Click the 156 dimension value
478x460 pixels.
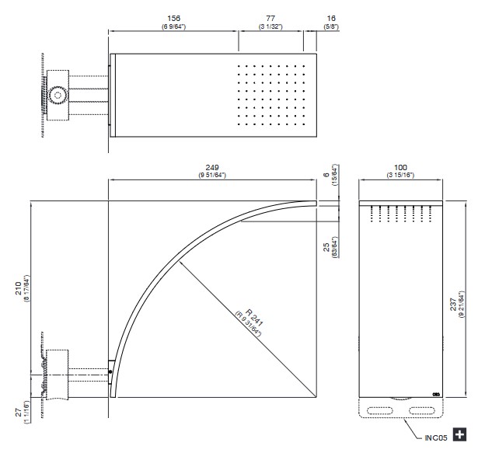click(x=173, y=19)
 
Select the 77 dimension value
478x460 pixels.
click(x=270, y=19)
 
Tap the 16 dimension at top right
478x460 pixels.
click(x=331, y=19)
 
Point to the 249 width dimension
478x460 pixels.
click(x=212, y=168)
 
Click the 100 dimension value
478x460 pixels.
click(x=400, y=168)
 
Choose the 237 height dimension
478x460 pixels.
click(x=453, y=305)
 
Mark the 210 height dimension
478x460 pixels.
click(x=19, y=288)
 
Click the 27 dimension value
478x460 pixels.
click(x=19, y=413)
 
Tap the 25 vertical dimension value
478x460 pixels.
click(x=326, y=247)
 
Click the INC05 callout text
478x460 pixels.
click(x=436, y=438)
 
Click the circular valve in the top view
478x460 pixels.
click(x=58, y=95)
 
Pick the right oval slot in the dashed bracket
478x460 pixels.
click(x=421, y=410)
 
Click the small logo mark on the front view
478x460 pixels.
click(x=436, y=394)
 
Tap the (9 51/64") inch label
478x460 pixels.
click(x=212, y=176)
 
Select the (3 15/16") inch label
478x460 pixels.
click(x=400, y=176)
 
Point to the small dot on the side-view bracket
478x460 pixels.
click(x=110, y=372)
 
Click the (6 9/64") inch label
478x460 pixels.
click(x=173, y=26)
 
